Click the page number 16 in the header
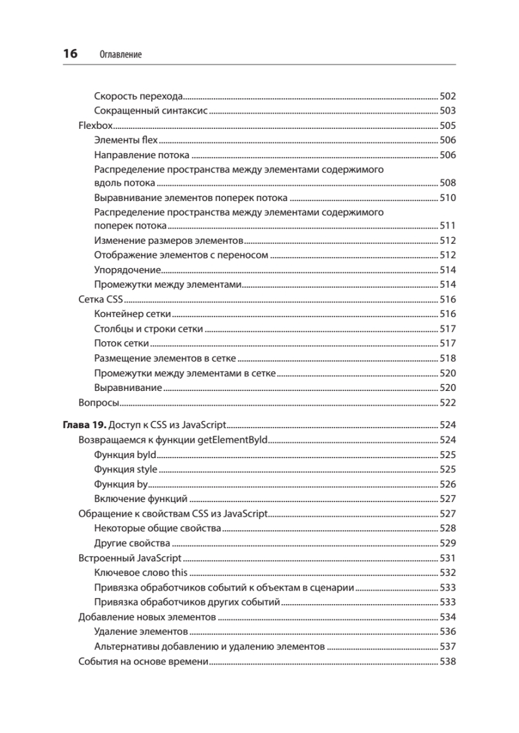(x=70, y=54)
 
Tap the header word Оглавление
(x=120, y=55)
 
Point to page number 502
(x=448, y=96)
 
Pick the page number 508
(x=448, y=183)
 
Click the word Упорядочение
(x=127, y=269)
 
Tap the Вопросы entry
(x=98, y=403)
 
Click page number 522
(x=448, y=403)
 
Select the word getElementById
(x=233, y=440)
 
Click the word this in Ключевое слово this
(x=179, y=573)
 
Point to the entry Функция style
(x=125, y=469)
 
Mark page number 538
(x=448, y=662)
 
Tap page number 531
(x=448, y=558)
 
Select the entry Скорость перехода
(x=139, y=96)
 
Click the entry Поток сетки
(x=122, y=343)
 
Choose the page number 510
(x=448, y=197)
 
